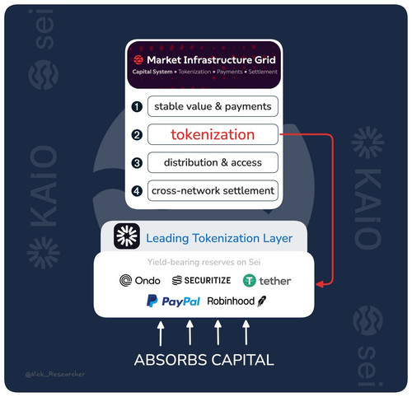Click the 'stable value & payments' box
coord(213,106)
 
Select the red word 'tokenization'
coord(213,134)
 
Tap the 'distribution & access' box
coord(213,162)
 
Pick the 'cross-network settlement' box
coord(213,190)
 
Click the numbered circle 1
coord(137,107)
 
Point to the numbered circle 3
coord(137,163)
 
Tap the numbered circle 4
coord(137,191)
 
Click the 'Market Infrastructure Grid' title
coord(211,60)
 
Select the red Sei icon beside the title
coord(138,59)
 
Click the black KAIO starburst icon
coord(127,236)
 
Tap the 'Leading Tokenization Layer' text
coord(219,238)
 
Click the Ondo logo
coord(140,281)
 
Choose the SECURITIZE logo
coord(201,280)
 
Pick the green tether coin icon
coord(250,281)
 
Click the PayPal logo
coord(173,301)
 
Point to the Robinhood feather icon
coord(261,301)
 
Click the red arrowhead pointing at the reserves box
coord(320,284)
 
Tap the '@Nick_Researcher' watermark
coord(55,374)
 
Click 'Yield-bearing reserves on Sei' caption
coord(204,262)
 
